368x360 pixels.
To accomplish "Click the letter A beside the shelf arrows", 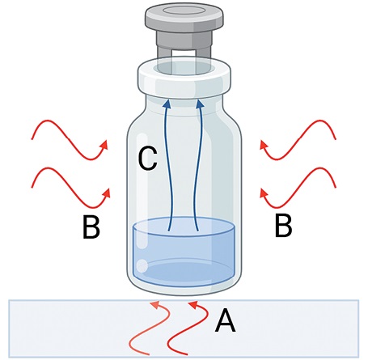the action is tap(226, 320).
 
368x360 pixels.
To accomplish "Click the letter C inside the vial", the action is tap(147, 159).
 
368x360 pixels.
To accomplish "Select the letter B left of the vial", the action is tap(91, 227).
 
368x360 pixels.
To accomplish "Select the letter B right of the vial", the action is tap(283, 226).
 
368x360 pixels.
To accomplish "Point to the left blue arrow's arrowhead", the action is tap(167, 104).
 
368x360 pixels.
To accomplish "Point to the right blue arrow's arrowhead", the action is tap(200, 104).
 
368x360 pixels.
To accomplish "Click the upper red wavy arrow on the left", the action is tap(69, 140).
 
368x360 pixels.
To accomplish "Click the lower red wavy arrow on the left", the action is tap(70, 188).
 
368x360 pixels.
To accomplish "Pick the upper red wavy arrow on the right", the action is tap(298, 140).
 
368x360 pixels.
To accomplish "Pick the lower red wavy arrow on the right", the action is tap(298, 188).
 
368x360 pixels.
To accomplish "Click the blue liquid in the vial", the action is tap(184, 252).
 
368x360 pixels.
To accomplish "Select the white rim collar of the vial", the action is tap(184, 78).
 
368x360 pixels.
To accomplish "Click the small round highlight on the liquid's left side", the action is tap(142, 266).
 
